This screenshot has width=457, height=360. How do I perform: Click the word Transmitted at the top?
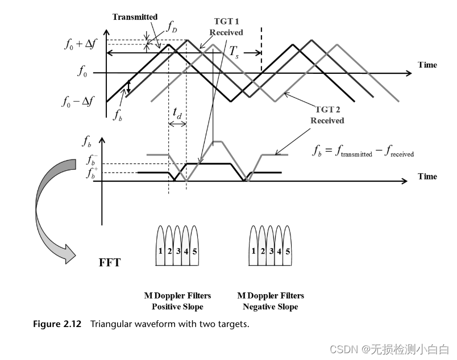[135, 17]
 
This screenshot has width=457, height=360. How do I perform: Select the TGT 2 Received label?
[327, 115]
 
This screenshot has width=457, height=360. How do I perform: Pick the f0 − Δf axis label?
[79, 102]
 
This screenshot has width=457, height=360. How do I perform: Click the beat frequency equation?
[363, 151]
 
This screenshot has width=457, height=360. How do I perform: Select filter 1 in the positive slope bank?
[161, 250]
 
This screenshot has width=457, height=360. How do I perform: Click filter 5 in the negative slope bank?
[289, 250]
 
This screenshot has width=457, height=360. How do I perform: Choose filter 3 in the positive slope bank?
[178, 250]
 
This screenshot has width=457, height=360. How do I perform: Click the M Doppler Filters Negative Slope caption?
[270, 301]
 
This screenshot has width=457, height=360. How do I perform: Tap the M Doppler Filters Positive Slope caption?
[177, 301]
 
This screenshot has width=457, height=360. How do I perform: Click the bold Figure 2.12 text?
[59, 324]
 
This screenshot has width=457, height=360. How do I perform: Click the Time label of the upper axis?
[427, 65]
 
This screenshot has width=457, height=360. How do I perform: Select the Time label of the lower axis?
[427, 176]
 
